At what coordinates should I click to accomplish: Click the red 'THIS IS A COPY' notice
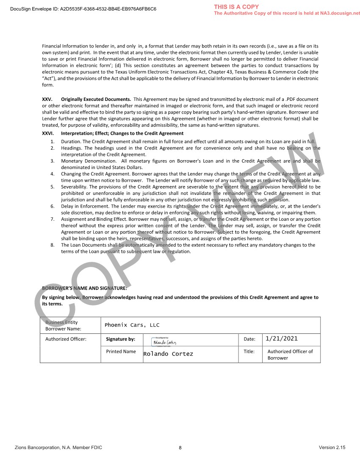236,7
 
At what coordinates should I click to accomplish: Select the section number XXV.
47,99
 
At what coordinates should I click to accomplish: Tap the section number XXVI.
47,133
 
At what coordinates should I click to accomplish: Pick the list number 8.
52,245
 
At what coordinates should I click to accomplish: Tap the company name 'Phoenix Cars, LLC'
132,325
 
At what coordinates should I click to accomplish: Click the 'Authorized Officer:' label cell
66,339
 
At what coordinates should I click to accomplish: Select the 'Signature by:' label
121,339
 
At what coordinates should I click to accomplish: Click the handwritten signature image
163,341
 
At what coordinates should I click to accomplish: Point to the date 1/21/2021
282,338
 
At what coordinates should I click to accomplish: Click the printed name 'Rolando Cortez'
168,354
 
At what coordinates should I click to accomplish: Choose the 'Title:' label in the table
249,351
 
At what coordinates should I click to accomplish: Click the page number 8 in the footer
180,448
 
